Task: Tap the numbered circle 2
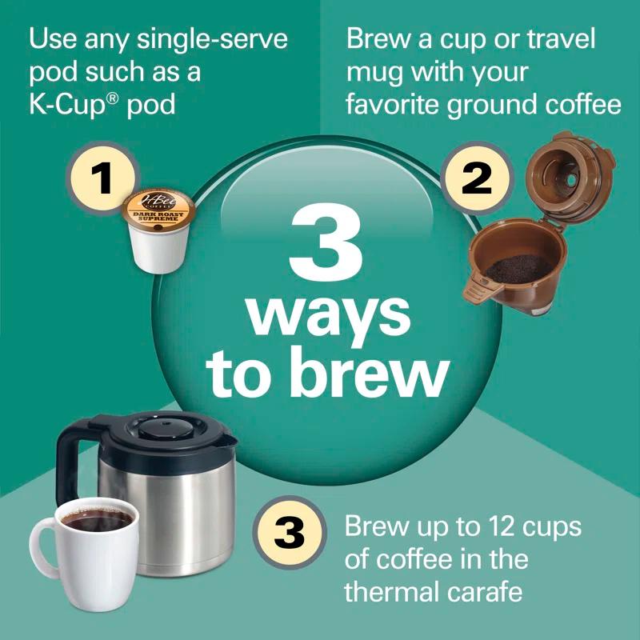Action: coord(478,178)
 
